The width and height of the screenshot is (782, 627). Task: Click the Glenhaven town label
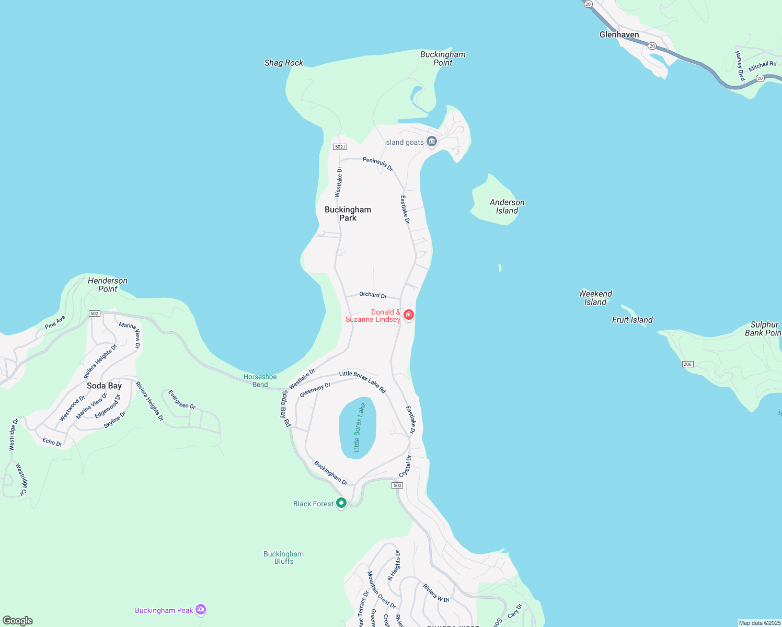(x=619, y=34)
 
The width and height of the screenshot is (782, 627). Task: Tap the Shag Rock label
(x=283, y=63)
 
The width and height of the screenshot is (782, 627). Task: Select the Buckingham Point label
(x=443, y=58)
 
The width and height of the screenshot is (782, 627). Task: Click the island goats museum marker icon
(x=432, y=141)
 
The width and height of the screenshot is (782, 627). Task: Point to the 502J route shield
(x=340, y=147)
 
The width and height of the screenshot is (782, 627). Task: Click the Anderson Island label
(x=507, y=206)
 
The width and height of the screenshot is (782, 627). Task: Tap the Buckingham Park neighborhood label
(x=348, y=214)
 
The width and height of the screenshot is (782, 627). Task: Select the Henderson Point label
(x=108, y=285)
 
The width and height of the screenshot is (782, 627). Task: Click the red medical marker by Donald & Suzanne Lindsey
(x=409, y=315)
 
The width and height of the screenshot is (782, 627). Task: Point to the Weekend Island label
(x=595, y=298)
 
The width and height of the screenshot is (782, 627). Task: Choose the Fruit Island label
(x=632, y=320)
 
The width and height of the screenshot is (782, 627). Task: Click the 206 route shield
(x=687, y=364)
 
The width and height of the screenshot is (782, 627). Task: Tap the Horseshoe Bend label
(x=260, y=380)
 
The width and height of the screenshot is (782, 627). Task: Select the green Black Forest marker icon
(x=341, y=503)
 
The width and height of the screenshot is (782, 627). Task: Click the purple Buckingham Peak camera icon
(x=201, y=609)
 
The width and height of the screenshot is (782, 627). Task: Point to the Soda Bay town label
(x=104, y=386)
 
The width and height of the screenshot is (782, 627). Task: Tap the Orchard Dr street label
(x=373, y=295)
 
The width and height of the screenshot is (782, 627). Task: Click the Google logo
(x=18, y=621)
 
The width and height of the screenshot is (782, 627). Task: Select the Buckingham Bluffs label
(x=283, y=558)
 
